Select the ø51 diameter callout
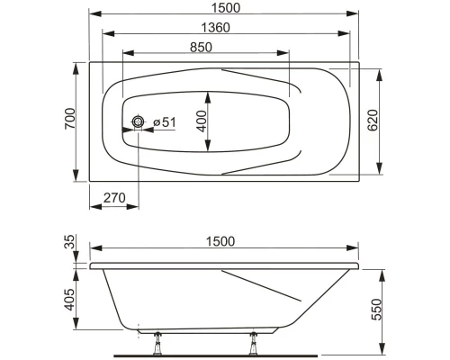[163, 121]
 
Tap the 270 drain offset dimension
[112, 197]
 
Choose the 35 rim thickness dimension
[71, 242]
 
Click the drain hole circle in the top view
[139, 121]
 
